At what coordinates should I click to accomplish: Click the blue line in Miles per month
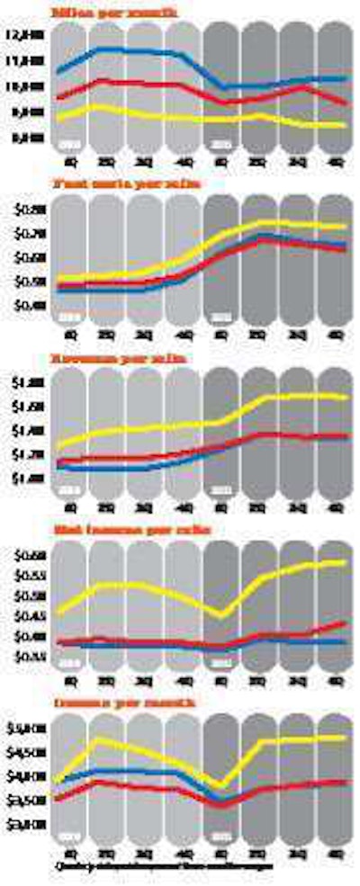[x=135, y=51]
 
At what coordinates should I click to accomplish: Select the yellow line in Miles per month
[x=135, y=115]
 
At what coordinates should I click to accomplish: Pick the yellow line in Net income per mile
[x=135, y=586]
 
